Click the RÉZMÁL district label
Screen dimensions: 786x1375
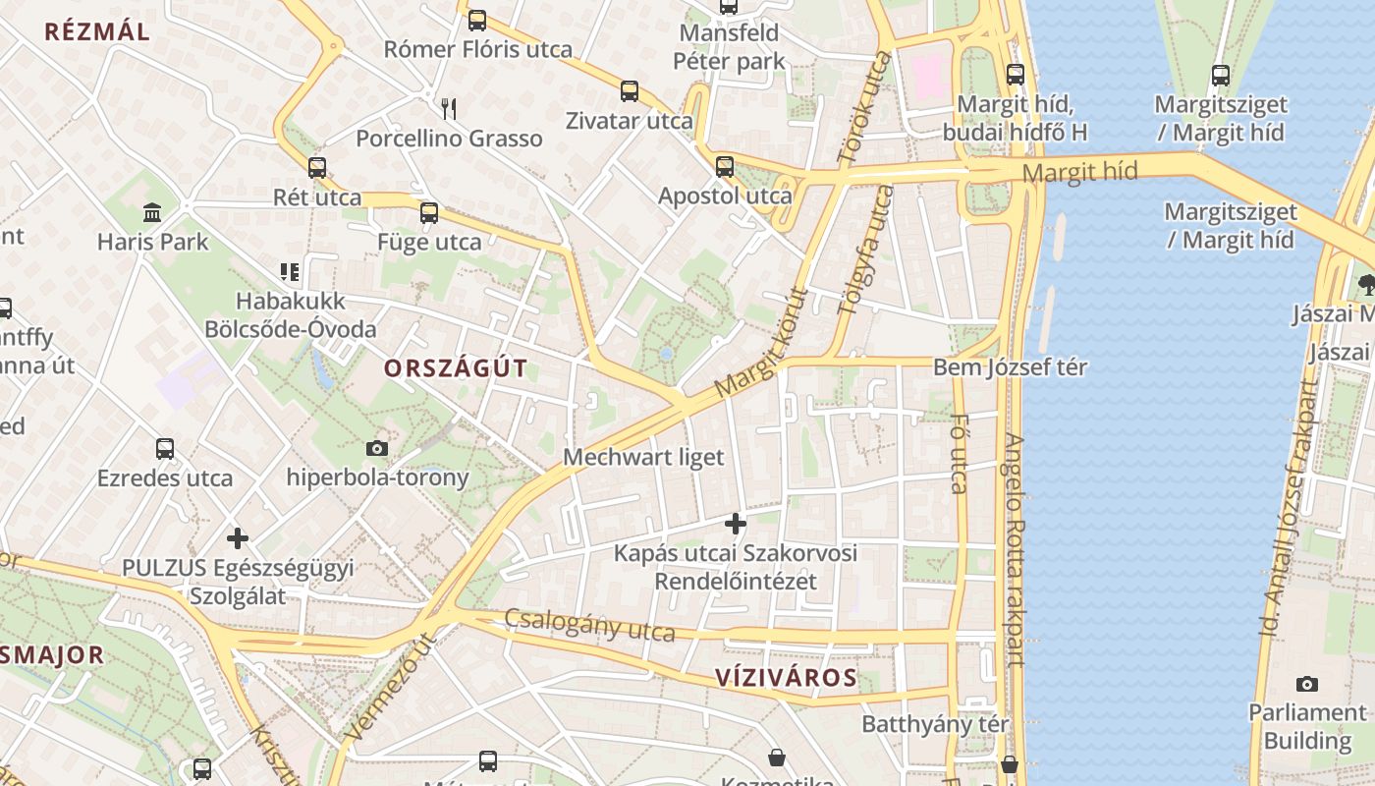(x=97, y=31)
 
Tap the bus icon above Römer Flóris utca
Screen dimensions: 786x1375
(x=477, y=20)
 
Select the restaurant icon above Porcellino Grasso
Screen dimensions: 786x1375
(x=449, y=107)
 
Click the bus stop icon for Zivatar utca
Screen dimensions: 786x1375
(x=630, y=91)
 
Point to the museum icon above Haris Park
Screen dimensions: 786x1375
(x=152, y=211)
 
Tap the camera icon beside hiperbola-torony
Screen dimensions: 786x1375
(x=376, y=448)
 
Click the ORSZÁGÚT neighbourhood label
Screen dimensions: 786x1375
(x=456, y=368)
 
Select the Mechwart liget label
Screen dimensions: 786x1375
(x=643, y=457)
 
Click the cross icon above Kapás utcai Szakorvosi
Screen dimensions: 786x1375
(x=735, y=523)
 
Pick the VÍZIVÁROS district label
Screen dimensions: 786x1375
(x=786, y=677)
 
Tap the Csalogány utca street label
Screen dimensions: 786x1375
(x=589, y=625)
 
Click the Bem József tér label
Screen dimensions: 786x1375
(x=1011, y=367)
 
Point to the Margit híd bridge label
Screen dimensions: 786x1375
(x=1079, y=173)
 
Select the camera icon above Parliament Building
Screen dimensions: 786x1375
(x=1306, y=684)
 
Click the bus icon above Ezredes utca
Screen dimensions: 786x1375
(x=165, y=449)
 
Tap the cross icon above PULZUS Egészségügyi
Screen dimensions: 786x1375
(x=237, y=538)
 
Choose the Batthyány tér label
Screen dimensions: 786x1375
(x=935, y=724)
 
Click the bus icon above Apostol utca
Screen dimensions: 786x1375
(x=725, y=166)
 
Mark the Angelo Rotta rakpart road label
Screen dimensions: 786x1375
(x=1015, y=550)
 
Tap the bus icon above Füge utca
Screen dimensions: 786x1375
(x=429, y=212)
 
